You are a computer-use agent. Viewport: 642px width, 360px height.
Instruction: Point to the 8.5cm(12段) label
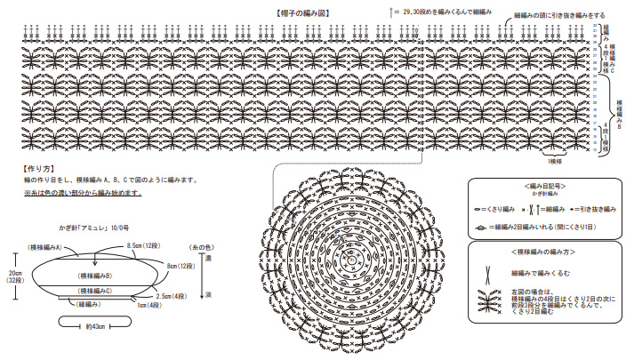coord(143,244)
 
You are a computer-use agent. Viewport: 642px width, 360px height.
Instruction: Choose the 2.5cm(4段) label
coord(172,295)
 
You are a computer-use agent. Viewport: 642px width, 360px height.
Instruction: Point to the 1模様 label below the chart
coord(554,161)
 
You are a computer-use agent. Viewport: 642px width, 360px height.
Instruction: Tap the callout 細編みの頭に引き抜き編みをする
coord(560,16)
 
